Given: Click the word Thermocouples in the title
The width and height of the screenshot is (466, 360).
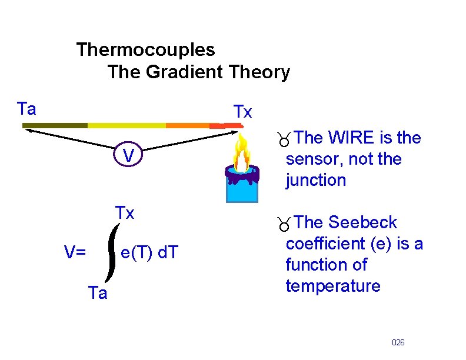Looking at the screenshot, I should click(x=145, y=49).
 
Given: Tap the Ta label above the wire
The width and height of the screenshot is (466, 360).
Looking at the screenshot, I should click(x=26, y=109).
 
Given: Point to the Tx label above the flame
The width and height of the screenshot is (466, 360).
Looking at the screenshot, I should click(x=242, y=112).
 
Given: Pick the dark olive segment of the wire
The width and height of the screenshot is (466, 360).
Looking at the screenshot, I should click(x=55, y=125).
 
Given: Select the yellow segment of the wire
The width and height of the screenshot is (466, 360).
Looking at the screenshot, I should click(x=127, y=125).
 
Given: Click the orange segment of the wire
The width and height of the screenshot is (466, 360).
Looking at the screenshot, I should click(x=187, y=125).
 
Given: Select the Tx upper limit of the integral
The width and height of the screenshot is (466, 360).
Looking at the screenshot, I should click(x=125, y=212).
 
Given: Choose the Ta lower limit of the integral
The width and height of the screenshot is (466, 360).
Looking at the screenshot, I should click(x=97, y=293).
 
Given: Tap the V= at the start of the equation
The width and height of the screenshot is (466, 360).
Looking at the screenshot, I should click(x=75, y=253).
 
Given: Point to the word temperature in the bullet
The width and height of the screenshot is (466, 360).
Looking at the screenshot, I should click(x=333, y=286).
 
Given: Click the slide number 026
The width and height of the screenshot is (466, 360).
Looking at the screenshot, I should click(x=398, y=342).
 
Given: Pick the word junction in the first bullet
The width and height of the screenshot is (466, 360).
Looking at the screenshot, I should click(x=316, y=181).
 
